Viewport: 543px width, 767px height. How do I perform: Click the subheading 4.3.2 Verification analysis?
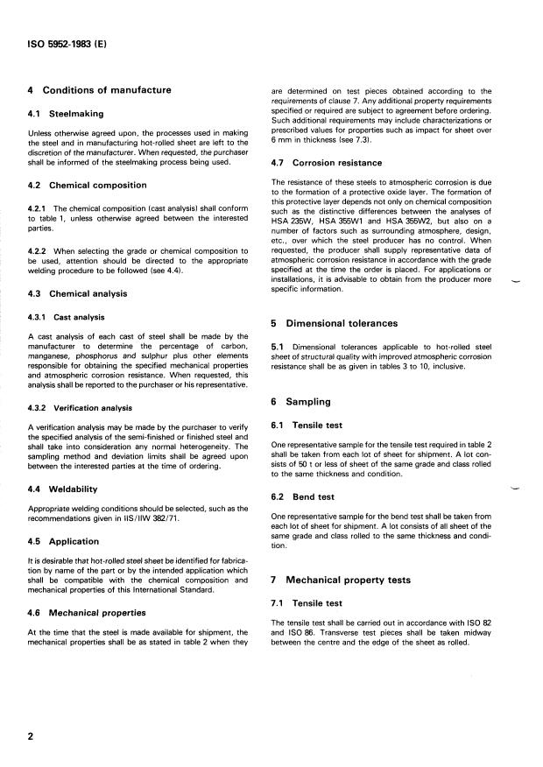tap(81, 407)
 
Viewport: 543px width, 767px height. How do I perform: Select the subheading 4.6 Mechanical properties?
tap(88, 613)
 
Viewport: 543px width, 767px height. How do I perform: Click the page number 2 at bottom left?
tap(31, 736)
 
